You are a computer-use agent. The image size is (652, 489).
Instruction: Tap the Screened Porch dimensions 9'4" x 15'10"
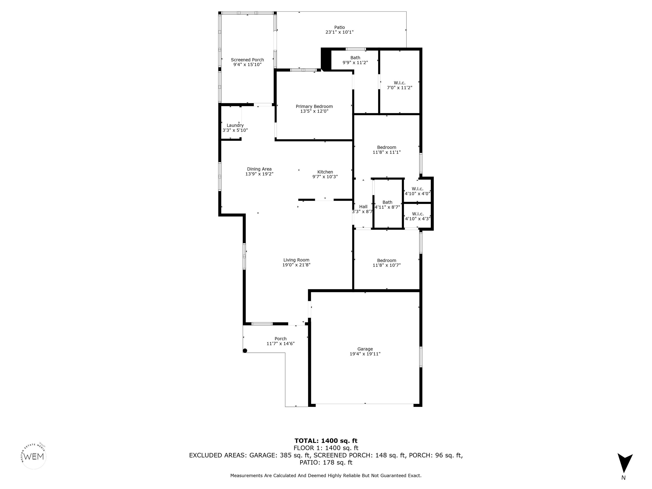(247, 65)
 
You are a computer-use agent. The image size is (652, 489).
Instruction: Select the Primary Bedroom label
(314, 106)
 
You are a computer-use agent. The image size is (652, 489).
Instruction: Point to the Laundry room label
(235, 125)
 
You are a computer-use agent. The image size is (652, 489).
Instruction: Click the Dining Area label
(259, 169)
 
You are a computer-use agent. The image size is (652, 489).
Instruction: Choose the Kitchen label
(325, 172)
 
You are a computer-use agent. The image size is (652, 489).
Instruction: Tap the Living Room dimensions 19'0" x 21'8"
(296, 265)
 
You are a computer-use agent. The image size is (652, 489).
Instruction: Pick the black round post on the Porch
(245, 350)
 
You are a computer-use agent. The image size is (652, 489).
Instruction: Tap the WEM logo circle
(34, 456)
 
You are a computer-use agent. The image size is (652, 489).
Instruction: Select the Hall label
(363, 207)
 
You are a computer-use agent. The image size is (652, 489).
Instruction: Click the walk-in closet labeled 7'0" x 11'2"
(399, 85)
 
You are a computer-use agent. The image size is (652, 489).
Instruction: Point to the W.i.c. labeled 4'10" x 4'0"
(417, 191)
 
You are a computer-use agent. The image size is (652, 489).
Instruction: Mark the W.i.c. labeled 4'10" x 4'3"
(418, 216)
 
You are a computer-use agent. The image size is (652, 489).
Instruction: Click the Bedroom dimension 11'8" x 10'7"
(386, 265)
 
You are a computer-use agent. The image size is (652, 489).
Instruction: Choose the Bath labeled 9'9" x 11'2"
(355, 60)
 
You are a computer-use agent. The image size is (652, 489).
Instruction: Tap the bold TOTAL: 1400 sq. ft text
(326, 441)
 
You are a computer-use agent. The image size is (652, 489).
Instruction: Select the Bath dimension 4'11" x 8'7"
(387, 207)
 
